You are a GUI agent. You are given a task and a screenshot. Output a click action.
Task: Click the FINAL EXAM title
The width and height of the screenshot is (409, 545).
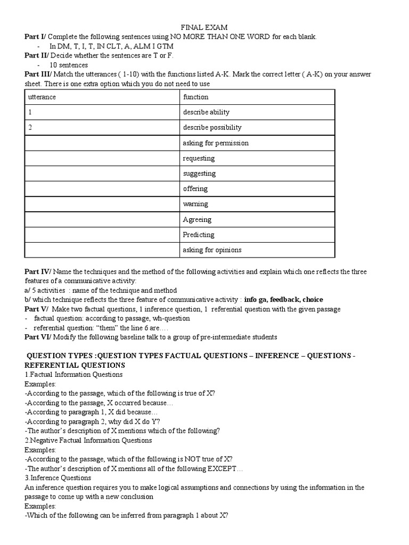click(204, 27)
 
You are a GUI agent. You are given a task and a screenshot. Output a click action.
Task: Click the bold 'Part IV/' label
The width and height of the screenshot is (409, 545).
click(38, 272)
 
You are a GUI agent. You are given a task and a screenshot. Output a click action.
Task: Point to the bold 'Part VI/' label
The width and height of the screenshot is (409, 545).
click(38, 337)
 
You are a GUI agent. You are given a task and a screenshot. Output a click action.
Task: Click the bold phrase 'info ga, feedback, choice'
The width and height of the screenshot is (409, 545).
click(283, 300)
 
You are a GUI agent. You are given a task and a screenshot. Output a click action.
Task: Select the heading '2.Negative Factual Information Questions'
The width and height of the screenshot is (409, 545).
click(88, 440)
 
